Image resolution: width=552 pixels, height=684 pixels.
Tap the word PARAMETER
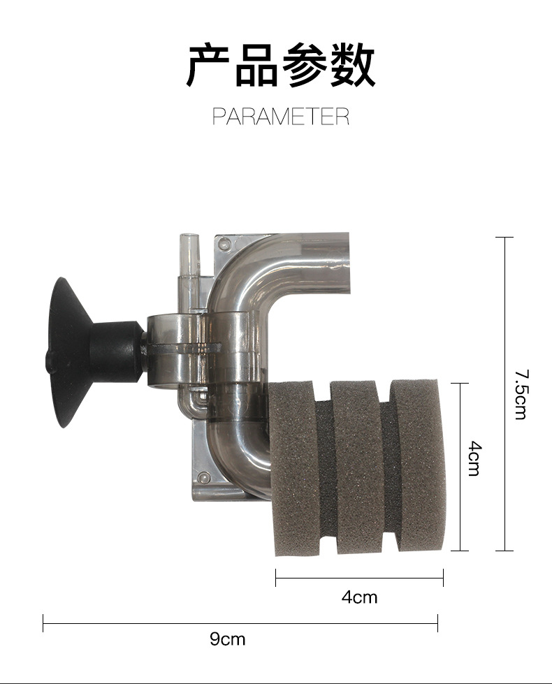pos(280,116)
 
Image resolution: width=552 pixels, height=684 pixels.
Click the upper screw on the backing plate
pos(223,245)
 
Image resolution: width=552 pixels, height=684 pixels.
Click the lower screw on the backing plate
pos(203,479)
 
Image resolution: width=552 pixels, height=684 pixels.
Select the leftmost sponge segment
pos(292,468)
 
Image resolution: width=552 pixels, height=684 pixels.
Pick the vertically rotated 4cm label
pos(474,458)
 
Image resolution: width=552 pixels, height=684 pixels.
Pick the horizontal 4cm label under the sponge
pos(359,597)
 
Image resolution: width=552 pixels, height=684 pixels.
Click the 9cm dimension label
pos(228,639)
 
